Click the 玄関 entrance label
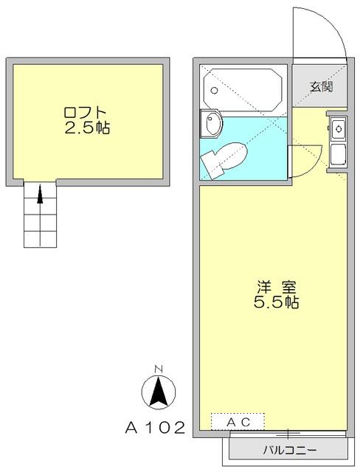(320, 86)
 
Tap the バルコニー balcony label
(288, 449)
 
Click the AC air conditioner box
(238, 421)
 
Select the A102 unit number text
(152, 427)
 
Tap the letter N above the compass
(158, 369)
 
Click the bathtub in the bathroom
(243, 89)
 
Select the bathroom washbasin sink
(212, 125)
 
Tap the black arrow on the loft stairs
(41, 195)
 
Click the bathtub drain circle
(214, 91)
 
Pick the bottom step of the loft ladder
(41, 239)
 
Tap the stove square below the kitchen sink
(339, 155)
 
